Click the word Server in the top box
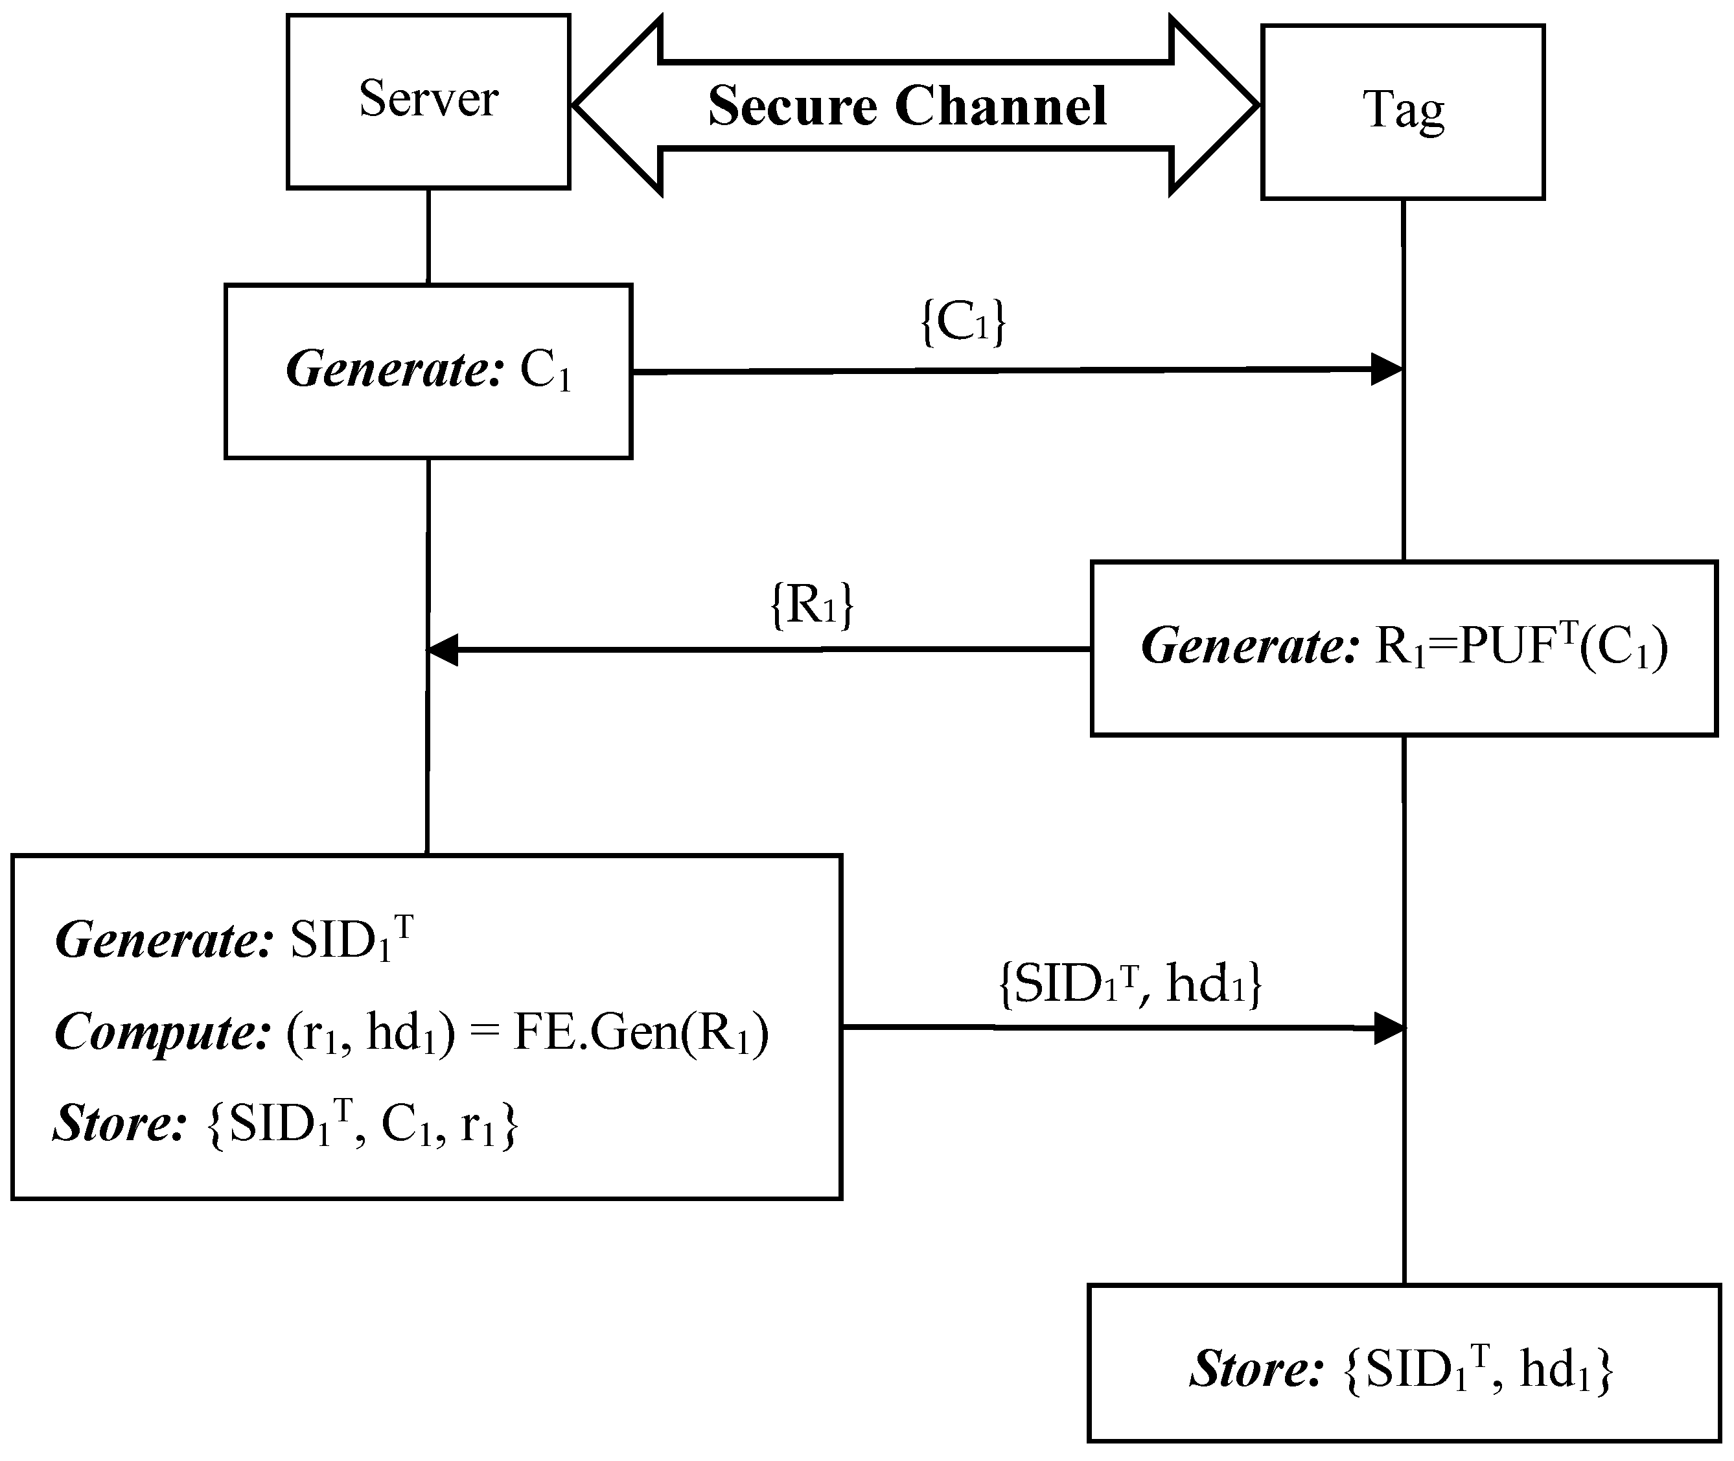pos(428,99)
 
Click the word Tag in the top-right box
pos(1403,110)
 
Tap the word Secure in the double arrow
pos(792,107)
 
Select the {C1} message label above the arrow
pos(963,322)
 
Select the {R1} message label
pos(811,605)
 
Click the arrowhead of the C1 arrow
pos(1385,369)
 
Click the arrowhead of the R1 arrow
pos(444,650)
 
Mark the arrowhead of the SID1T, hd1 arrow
pos(1389,1029)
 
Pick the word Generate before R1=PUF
pos(1249,647)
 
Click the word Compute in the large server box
pos(162,1033)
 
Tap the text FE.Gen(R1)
pos(641,1033)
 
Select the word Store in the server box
pos(119,1124)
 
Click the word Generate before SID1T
pos(163,941)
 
